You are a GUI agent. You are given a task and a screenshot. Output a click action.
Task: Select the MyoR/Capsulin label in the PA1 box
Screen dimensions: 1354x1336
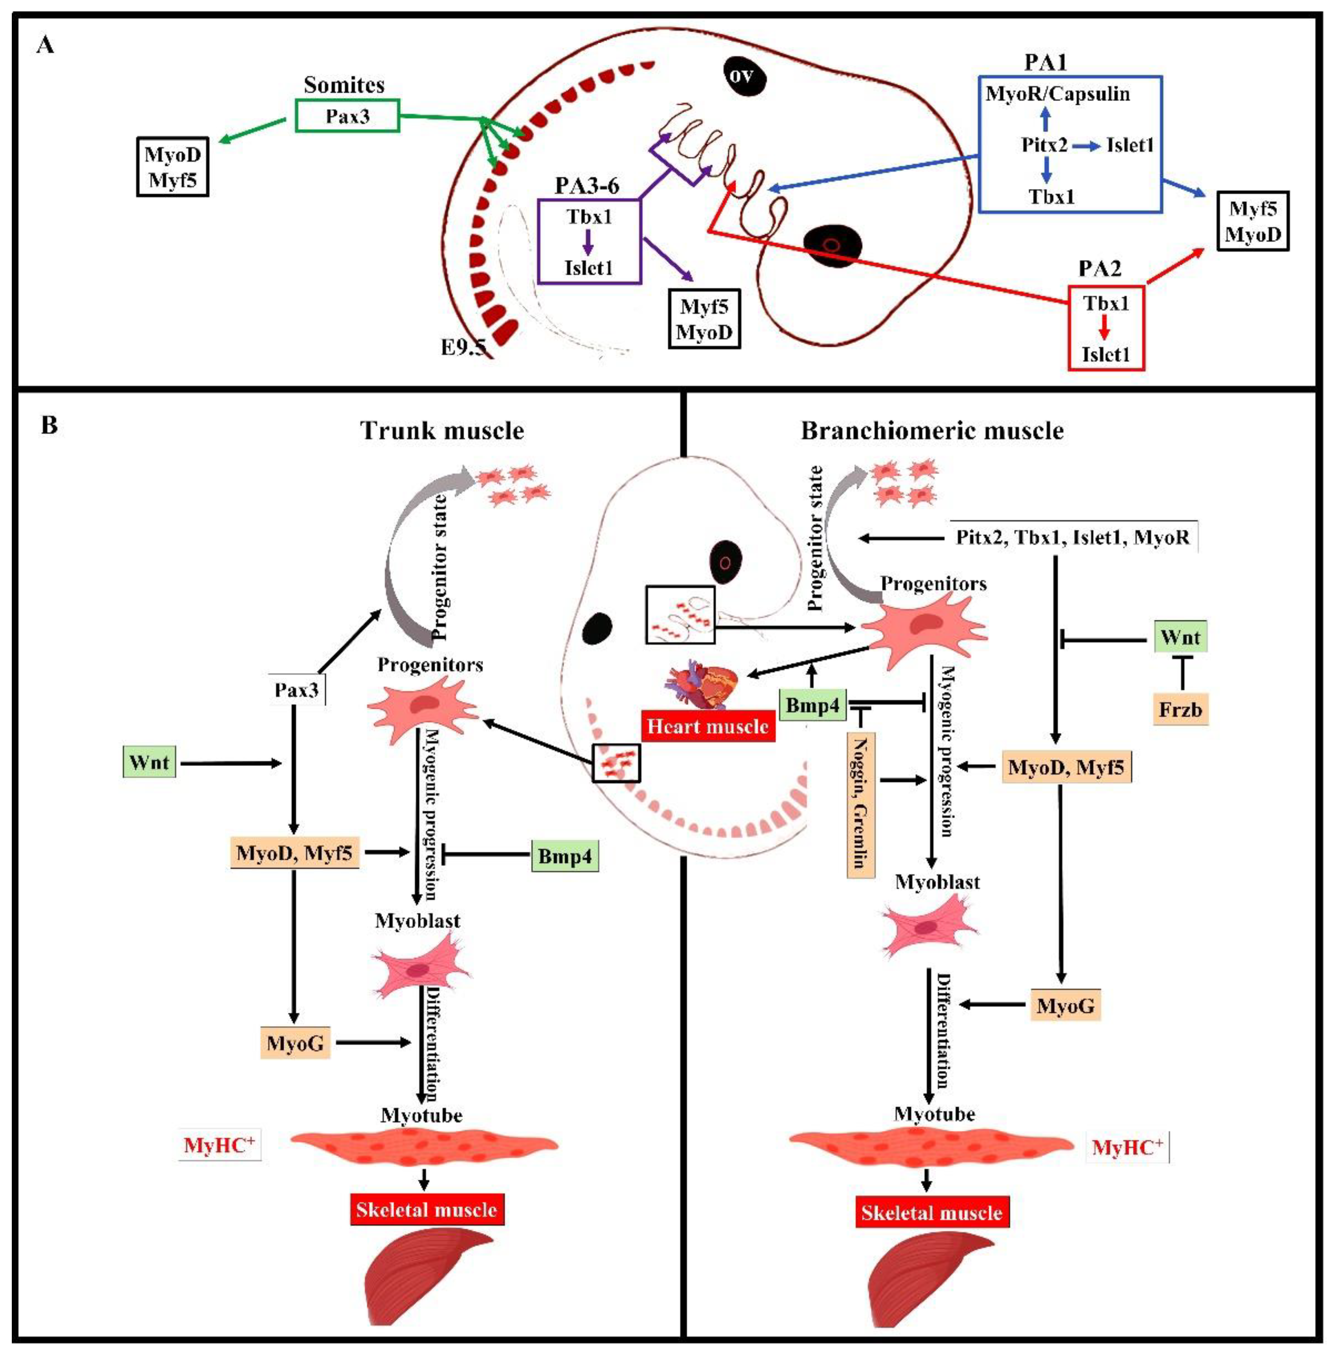click(x=1057, y=94)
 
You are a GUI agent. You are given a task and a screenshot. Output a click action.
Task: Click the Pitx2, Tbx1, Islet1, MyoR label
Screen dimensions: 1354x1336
click(x=1073, y=538)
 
